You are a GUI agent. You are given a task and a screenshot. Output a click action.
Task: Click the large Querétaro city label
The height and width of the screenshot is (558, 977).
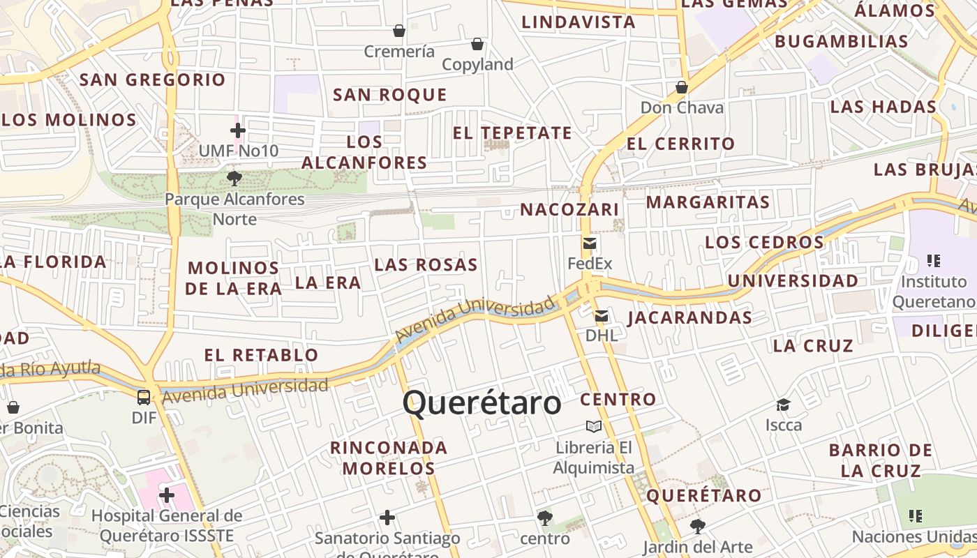click(x=482, y=403)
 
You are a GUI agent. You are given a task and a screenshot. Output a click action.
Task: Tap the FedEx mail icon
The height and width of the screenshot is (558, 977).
click(x=590, y=243)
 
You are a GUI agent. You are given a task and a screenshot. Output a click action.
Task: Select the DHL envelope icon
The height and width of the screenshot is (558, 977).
click(x=601, y=316)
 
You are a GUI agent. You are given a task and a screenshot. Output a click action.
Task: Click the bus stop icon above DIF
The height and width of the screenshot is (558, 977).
click(x=144, y=398)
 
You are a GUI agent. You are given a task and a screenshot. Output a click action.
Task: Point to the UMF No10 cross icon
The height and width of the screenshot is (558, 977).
click(x=238, y=130)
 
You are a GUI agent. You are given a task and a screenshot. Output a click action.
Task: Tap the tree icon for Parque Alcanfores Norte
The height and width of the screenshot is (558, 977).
click(x=234, y=179)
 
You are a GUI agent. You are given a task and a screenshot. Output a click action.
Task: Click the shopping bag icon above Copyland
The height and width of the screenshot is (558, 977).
click(x=477, y=44)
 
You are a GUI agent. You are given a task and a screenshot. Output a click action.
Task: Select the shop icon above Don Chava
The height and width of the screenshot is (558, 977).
click(x=682, y=87)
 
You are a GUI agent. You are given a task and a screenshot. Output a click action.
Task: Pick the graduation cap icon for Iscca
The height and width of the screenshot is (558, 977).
click(x=783, y=405)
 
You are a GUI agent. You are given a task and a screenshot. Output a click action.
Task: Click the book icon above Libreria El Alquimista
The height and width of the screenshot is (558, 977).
click(x=594, y=426)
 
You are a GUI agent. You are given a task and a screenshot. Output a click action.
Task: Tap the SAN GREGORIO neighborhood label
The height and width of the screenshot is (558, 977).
click(x=153, y=80)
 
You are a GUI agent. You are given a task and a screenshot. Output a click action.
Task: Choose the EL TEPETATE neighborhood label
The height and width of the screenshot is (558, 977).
click(x=512, y=133)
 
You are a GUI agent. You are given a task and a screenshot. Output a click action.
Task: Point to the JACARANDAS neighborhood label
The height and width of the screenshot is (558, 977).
click(x=689, y=318)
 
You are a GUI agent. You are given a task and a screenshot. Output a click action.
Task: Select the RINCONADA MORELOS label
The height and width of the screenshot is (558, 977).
click(x=389, y=458)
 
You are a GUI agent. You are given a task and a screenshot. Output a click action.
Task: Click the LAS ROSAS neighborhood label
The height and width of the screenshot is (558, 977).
click(x=426, y=265)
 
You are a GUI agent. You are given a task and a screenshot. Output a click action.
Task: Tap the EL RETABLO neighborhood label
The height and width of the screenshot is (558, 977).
click(x=261, y=355)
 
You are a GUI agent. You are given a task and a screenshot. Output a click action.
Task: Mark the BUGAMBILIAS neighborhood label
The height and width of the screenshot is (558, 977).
click(x=842, y=41)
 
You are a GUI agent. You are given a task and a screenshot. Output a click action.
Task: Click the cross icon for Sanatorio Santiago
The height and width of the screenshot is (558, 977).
click(x=387, y=518)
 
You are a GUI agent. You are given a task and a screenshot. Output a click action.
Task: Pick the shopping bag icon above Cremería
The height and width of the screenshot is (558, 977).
click(x=399, y=31)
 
